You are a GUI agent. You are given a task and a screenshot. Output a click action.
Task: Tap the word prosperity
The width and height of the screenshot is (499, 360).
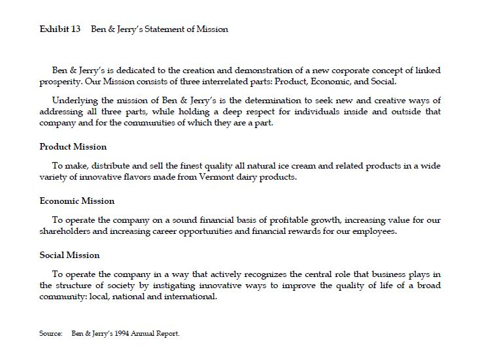[60, 82]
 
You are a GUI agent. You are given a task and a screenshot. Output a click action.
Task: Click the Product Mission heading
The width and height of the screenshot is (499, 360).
[73, 146]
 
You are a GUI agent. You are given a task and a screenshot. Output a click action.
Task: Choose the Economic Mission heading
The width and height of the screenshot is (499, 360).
[77, 201]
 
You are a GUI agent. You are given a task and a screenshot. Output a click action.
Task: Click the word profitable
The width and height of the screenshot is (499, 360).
[275, 220]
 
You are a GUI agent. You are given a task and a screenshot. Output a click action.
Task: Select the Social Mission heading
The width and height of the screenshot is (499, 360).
[69, 255]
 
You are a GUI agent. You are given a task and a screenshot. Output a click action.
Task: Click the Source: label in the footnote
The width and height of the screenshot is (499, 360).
[50, 334]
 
